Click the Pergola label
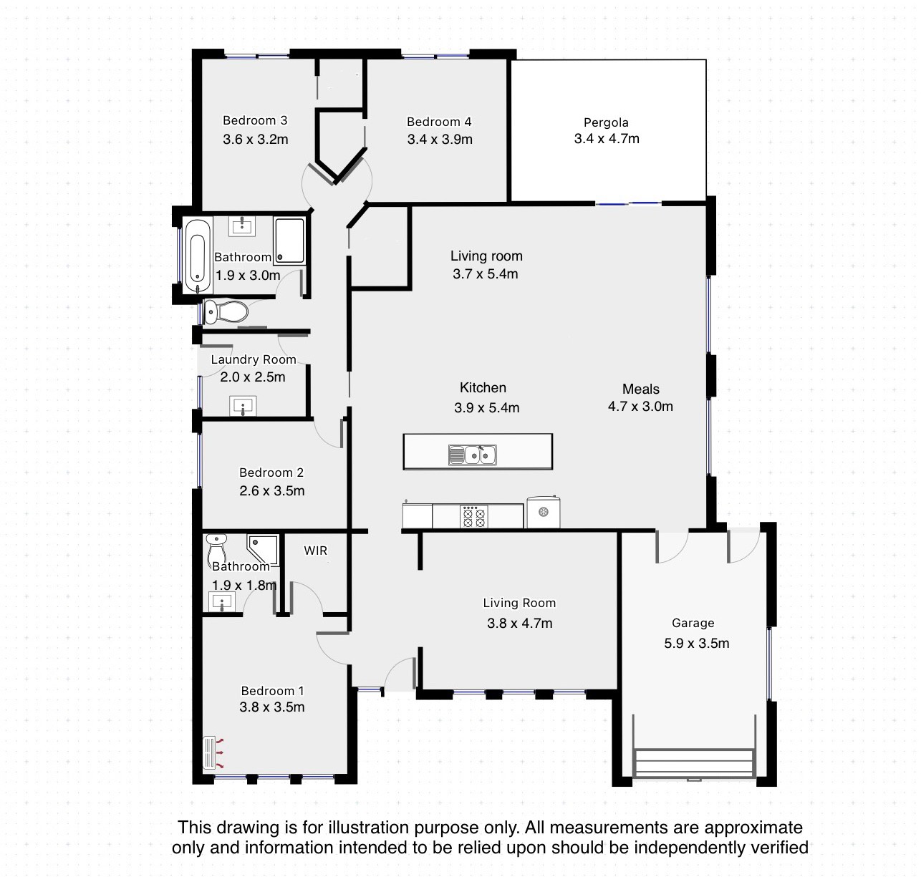pyautogui.click(x=606, y=122)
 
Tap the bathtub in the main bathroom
pyautogui.click(x=198, y=256)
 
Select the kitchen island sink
pyautogui.click(x=472, y=455)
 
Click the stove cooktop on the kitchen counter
pyautogui.click(x=473, y=516)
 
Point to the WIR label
pyautogui.click(x=315, y=551)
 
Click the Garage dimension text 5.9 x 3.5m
pyautogui.click(x=696, y=643)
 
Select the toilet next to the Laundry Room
pyautogui.click(x=226, y=311)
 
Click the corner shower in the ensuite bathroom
pyautogui.click(x=263, y=550)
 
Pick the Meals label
pyautogui.click(x=640, y=389)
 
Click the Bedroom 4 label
pyautogui.click(x=439, y=122)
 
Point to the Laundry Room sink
pyautogui.click(x=243, y=406)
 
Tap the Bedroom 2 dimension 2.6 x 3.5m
pyautogui.click(x=271, y=490)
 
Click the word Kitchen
pyautogui.click(x=483, y=387)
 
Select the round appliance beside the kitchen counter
pyautogui.click(x=544, y=512)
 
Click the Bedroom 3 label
pyautogui.click(x=255, y=120)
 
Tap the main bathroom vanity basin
pyautogui.click(x=242, y=226)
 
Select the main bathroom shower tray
pyautogui.click(x=289, y=241)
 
